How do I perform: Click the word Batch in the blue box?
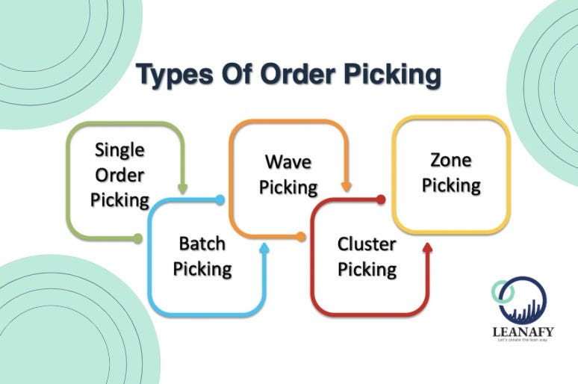202,244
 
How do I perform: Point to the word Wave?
288,161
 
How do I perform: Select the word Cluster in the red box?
367,244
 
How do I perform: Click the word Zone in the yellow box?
451,159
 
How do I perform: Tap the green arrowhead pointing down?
183,190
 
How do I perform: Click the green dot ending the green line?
137,238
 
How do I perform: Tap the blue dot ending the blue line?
220,199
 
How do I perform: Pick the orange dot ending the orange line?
301,237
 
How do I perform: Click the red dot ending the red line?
381,199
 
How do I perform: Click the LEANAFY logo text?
522,329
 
